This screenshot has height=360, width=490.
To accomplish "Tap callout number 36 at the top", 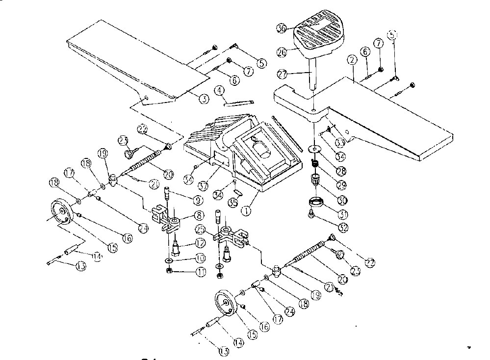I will (281, 28).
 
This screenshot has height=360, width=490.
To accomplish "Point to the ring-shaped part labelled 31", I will (315, 201).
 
